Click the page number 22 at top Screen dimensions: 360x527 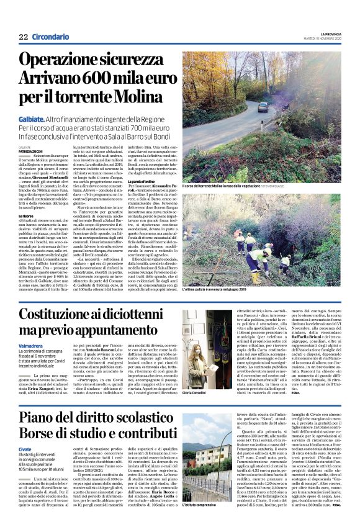coord(24,37)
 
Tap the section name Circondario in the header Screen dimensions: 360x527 coord(51,37)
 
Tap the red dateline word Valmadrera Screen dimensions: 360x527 coord(31,345)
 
